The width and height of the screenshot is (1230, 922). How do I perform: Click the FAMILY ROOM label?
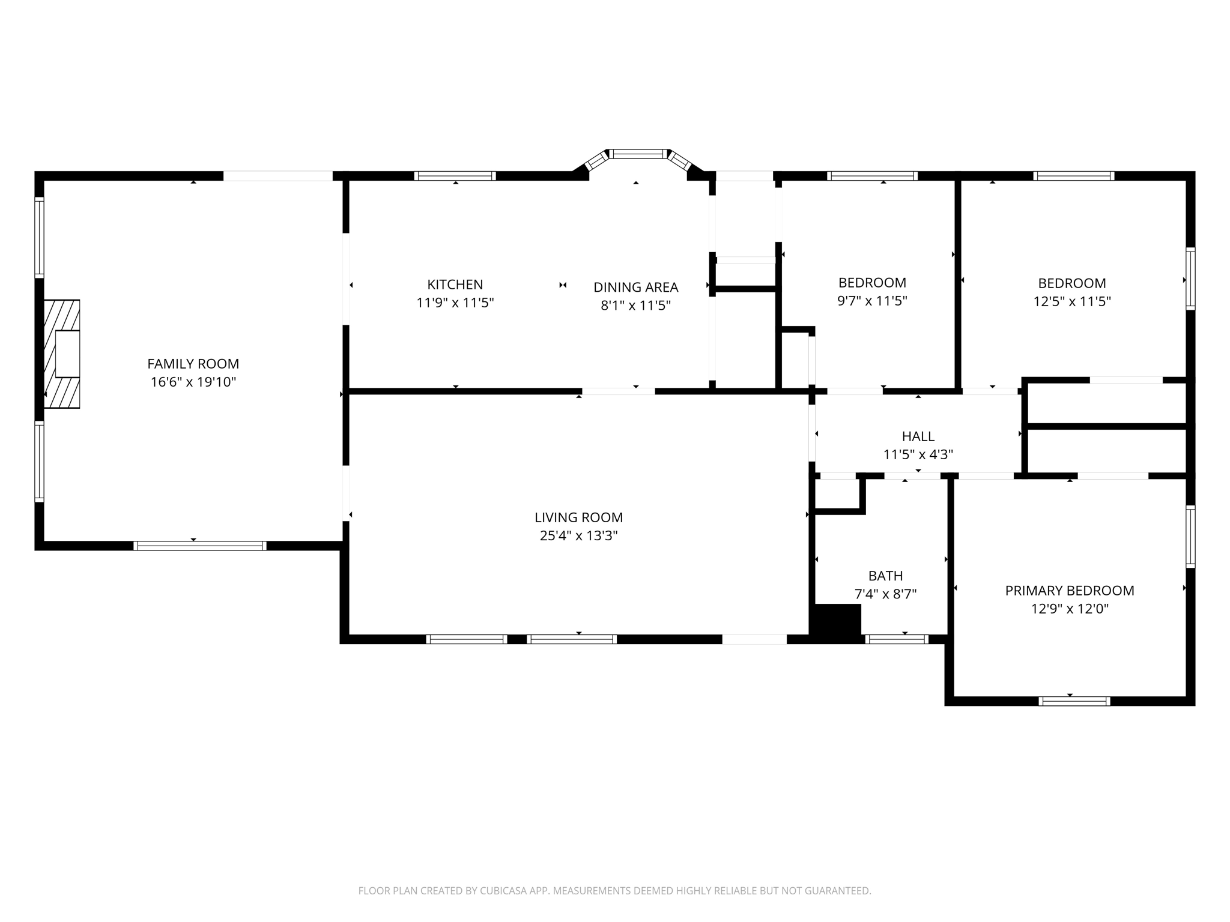point(193,364)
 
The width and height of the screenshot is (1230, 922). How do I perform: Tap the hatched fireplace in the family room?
point(62,354)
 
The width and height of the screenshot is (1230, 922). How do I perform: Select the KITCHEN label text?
point(455,285)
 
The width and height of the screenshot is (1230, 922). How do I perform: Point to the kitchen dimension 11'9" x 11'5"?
point(455,303)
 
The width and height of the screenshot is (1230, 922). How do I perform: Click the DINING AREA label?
point(635,288)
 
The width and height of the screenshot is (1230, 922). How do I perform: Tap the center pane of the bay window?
point(638,154)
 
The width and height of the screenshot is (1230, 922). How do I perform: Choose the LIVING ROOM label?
point(578,517)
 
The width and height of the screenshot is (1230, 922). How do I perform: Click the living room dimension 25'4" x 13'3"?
point(578,535)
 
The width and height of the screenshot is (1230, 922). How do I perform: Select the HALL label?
point(918,436)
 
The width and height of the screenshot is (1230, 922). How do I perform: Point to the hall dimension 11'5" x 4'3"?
point(918,454)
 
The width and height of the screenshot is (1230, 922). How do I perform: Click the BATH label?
point(885,576)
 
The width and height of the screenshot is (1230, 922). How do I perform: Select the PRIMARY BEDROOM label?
point(1069,591)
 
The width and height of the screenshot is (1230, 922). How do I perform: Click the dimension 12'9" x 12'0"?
point(1069,609)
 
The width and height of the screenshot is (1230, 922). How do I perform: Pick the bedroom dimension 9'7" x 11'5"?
point(872,301)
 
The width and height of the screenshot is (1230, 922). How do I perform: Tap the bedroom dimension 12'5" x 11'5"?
point(1071,301)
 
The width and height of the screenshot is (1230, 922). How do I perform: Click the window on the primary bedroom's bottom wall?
point(1074,701)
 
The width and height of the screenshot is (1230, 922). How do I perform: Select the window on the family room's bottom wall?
point(199,546)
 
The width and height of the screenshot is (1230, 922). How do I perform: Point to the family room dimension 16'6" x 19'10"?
point(193,382)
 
